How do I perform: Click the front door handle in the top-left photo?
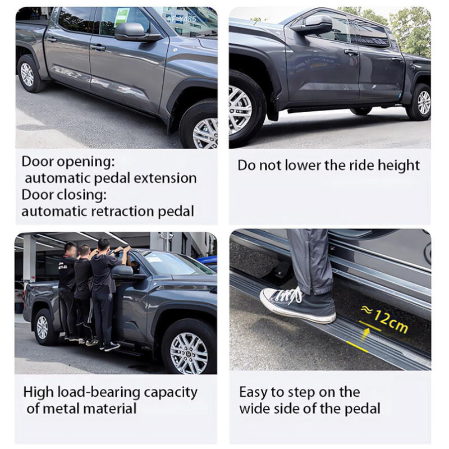(98, 48)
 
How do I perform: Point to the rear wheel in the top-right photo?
(419, 102)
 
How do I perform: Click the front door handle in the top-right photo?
(351, 53)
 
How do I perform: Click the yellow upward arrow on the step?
(366, 333)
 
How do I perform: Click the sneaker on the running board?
(298, 305)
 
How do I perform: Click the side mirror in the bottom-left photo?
(123, 272)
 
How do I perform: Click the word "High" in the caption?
(39, 392)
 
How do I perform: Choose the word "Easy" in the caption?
(253, 392)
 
